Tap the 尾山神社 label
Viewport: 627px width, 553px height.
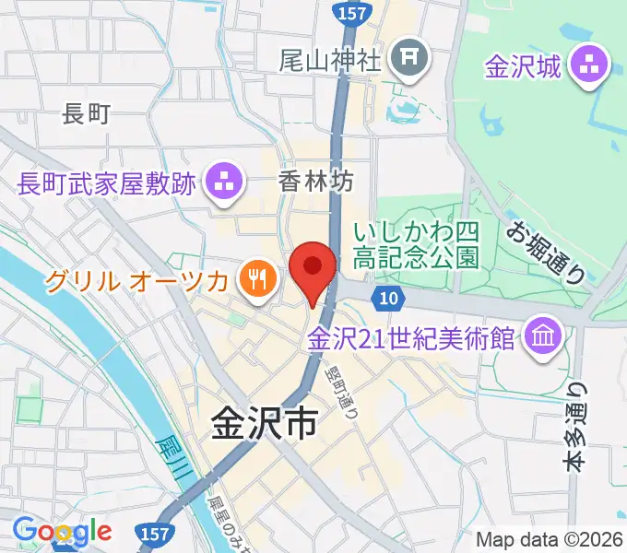pos(329,62)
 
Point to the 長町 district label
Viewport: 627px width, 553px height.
pos(86,114)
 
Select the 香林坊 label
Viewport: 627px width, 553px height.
pos(315,182)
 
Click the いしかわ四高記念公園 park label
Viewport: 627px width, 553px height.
pos(417,242)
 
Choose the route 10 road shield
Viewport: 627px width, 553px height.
pos(388,297)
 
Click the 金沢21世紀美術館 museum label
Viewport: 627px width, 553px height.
pos(411,337)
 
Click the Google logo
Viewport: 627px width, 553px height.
pos(62,531)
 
